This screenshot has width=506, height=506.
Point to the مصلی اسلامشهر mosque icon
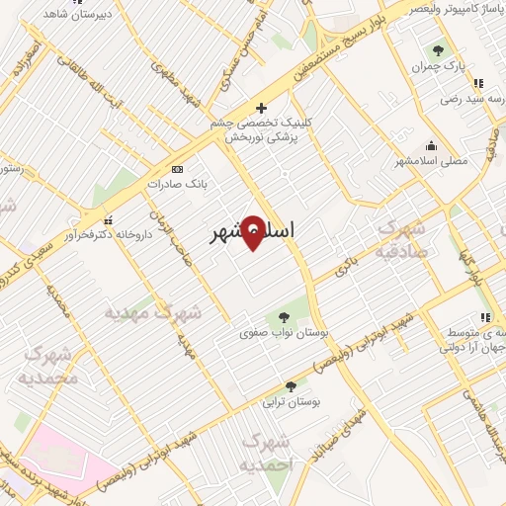coord(431,144)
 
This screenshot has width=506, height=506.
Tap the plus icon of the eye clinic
coord(261,108)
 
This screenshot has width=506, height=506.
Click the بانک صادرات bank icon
coord(177,169)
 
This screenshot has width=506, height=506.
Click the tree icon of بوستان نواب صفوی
coord(285,317)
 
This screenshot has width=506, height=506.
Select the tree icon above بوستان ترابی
coord(291,386)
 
